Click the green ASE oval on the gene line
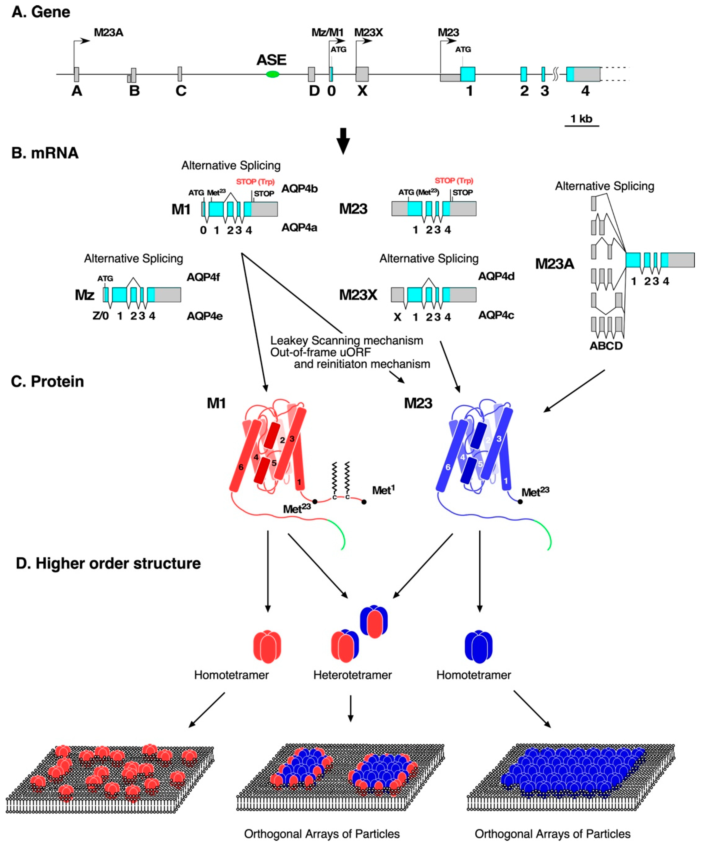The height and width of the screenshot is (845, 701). pos(273,74)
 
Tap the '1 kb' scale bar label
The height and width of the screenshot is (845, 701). pos(581,119)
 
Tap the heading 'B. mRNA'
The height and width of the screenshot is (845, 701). pos(45,153)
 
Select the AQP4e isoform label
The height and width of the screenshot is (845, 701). pos(204,316)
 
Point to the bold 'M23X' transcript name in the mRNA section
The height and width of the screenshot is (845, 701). pos(358,295)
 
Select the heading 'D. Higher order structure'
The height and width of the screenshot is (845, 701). pos(108,563)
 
